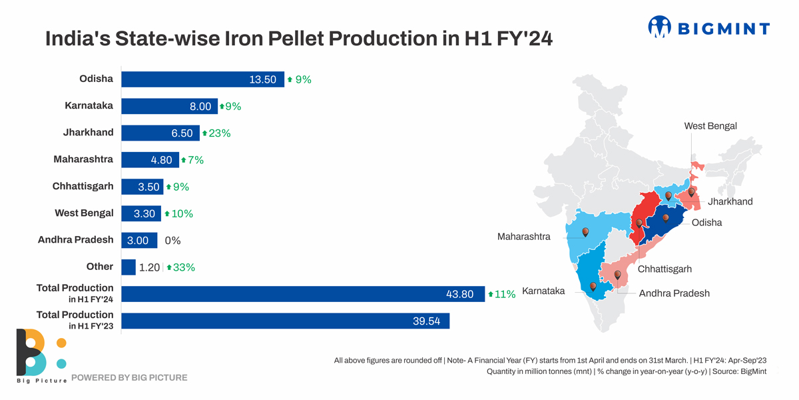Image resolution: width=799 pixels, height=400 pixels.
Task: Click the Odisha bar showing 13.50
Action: tap(202, 79)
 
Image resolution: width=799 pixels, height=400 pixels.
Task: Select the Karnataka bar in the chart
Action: tap(169, 106)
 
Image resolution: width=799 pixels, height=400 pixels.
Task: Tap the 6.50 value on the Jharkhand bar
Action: tap(182, 133)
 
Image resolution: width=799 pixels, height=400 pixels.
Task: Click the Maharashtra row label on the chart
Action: tap(83, 159)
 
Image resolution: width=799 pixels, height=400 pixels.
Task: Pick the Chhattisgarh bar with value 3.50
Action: tap(142, 187)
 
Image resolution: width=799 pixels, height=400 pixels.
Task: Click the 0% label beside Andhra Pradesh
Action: tap(172, 241)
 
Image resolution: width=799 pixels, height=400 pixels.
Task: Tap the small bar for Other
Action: tap(129, 267)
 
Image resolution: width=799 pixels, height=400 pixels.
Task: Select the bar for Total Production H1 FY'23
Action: tap(285, 321)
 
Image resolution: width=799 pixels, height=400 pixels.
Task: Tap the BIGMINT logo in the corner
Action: tap(708, 27)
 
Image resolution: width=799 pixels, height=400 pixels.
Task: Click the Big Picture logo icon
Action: tap(40, 352)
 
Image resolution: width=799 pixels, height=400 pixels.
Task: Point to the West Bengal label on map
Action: tap(710, 126)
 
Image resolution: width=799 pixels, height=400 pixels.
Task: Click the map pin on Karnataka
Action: tap(593, 286)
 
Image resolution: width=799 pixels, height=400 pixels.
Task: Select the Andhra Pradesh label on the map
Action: tap(674, 293)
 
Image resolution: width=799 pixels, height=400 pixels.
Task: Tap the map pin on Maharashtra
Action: tap(585, 232)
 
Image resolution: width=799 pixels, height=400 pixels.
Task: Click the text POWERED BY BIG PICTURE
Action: tap(129, 378)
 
